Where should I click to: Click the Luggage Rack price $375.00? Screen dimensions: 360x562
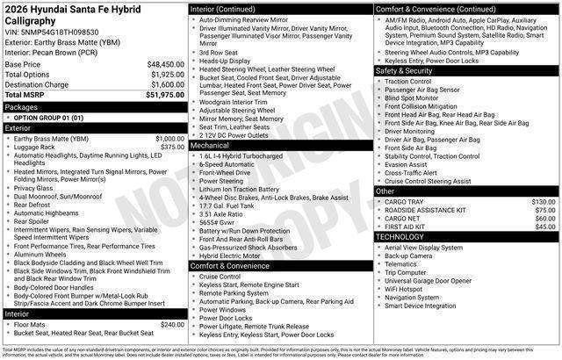(x=172, y=148)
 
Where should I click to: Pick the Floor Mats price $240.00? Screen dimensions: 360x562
(x=172, y=324)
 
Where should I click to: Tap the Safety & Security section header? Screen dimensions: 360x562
(x=407, y=70)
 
